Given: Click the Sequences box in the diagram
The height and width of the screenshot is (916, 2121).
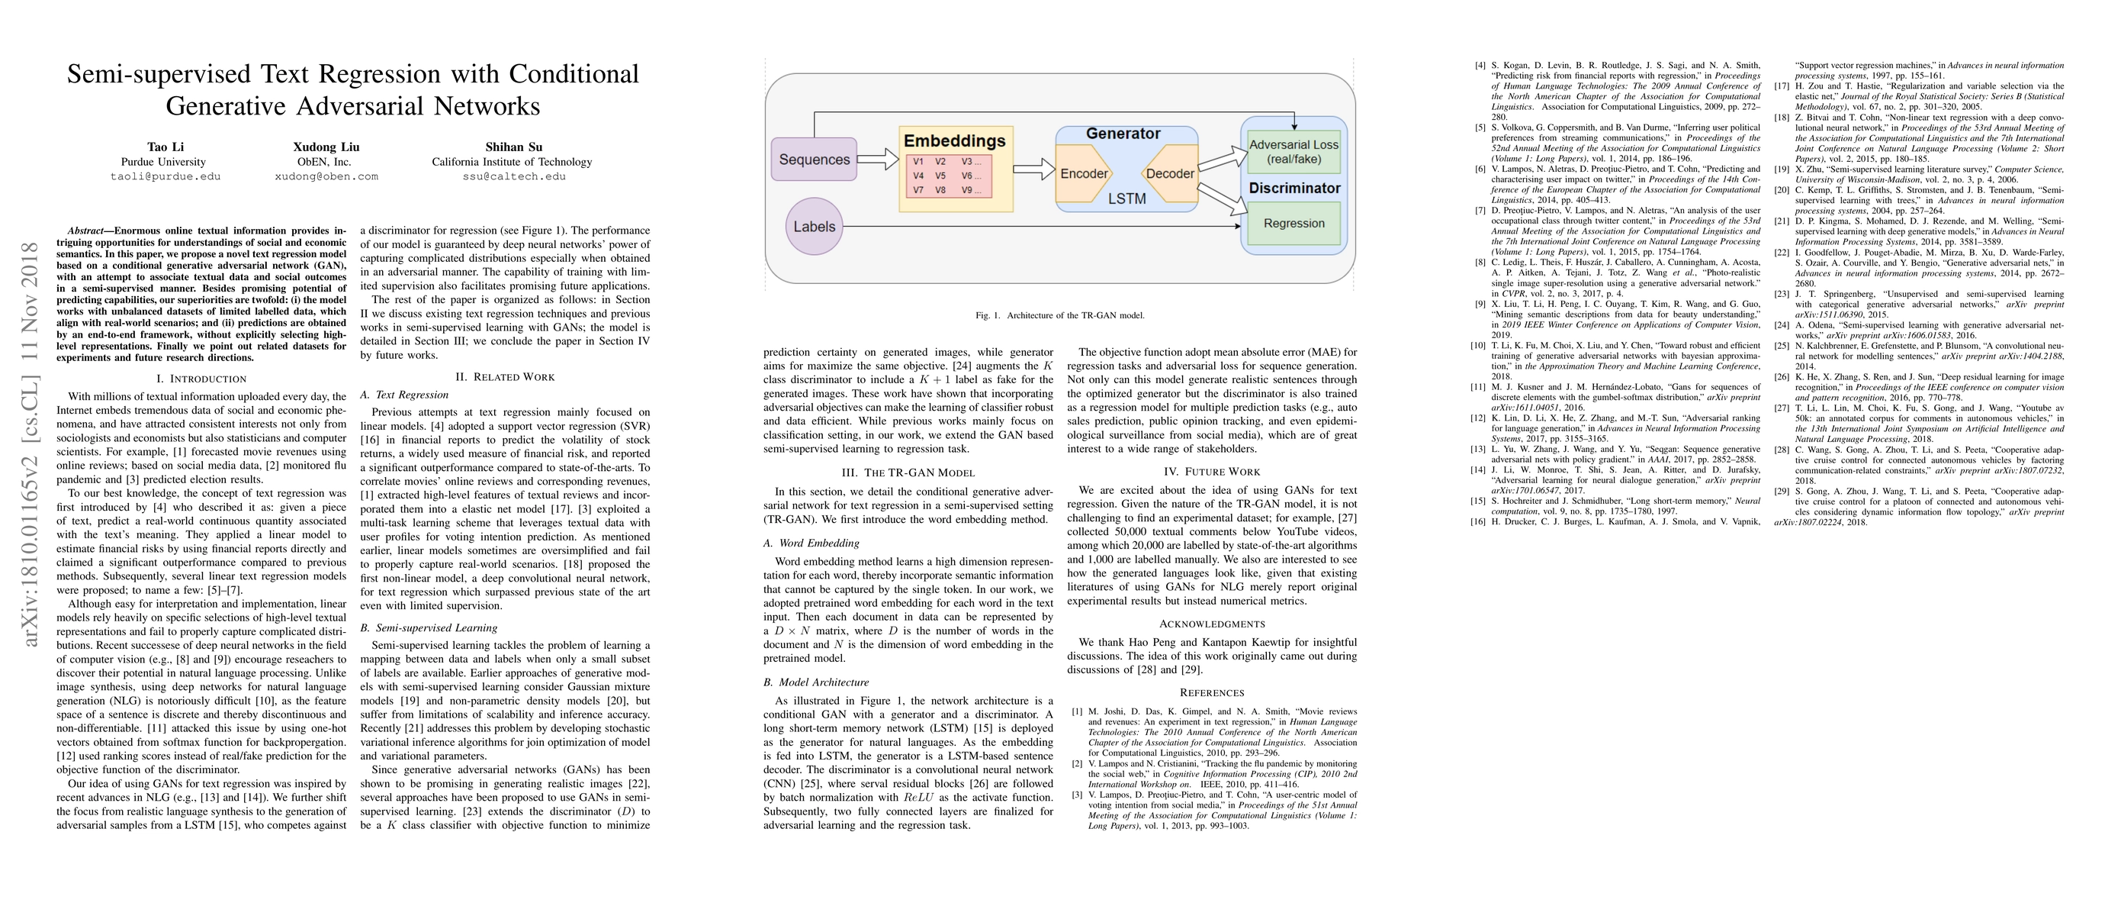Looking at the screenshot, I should [814, 160].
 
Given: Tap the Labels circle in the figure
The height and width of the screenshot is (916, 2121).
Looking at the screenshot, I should [814, 227].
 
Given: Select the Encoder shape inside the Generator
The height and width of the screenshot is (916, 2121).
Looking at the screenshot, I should [1084, 174].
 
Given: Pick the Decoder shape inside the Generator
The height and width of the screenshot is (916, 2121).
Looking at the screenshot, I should [1169, 174].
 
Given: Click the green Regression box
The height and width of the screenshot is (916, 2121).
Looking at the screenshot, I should [1293, 223].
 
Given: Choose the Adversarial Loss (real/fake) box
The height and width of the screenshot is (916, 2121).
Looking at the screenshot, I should [1293, 152].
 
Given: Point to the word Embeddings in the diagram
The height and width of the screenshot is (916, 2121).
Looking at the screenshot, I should [954, 141].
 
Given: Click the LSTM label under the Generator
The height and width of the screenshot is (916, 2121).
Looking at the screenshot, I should [1126, 198].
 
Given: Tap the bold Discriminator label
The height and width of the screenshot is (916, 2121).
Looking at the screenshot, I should [1294, 188].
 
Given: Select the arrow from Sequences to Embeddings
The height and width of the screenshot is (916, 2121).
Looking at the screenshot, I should [877, 159].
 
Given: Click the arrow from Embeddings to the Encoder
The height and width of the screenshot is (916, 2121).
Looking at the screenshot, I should [1033, 169].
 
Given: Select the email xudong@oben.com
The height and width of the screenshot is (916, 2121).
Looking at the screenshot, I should [326, 176].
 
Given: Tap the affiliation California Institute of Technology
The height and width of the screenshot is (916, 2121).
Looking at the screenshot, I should [511, 163].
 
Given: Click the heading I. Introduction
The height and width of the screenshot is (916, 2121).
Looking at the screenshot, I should [201, 379].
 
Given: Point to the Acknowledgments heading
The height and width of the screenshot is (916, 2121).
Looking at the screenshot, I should [1211, 624].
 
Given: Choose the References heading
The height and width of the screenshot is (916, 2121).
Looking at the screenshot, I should [1211, 693].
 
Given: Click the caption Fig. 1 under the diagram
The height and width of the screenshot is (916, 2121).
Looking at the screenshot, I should [1059, 315].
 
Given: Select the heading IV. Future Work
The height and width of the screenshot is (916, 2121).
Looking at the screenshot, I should [1211, 472].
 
